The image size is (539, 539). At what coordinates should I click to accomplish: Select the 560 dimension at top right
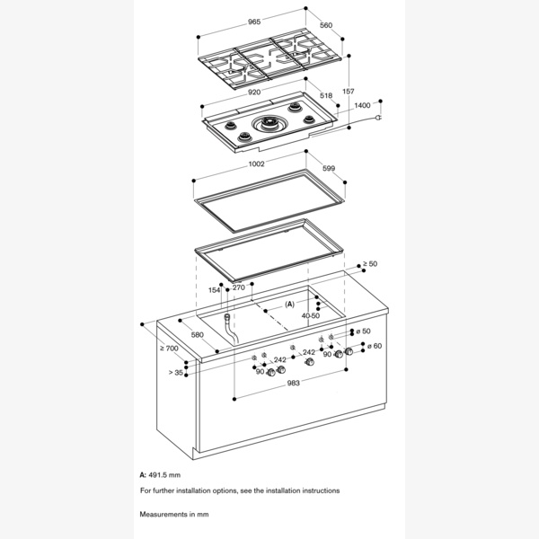click(x=325, y=26)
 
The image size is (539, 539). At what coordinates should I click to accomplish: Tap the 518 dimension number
click(x=324, y=94)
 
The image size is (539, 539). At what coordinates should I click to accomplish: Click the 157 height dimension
click(x=349, y=92)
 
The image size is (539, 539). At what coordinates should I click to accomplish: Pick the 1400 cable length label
click(x=363, y=106)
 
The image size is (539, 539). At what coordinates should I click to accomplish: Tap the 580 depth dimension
click(x=197, y=336)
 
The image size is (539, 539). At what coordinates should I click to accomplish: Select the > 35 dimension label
click(x=175, y=371)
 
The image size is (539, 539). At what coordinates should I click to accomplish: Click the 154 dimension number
click(x=215, y=289)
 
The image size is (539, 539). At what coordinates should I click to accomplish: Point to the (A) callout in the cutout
click(x=289, y=305)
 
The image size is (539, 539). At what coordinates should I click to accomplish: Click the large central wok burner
click(x=269, y=127)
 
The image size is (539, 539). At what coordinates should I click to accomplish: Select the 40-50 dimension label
click(x=311, y=315)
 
